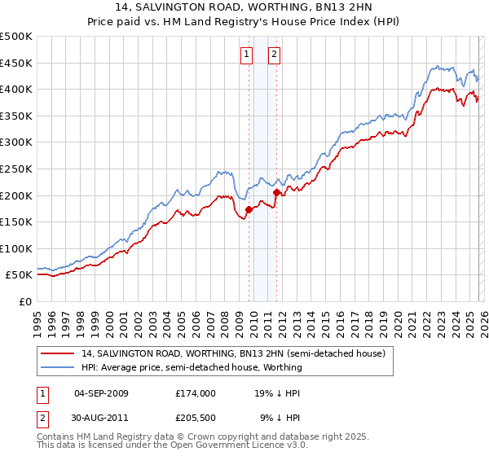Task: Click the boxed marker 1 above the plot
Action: coord(246,55)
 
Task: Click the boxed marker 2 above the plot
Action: coord(274,55)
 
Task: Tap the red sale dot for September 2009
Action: coord(249,209)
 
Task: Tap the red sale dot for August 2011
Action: coord(277,192)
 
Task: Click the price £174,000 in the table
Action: coord(195,392)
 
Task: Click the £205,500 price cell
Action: coord(195,419)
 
